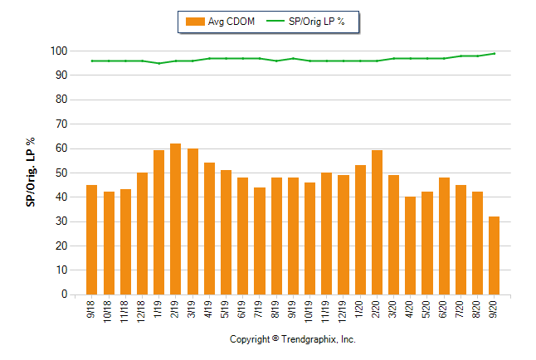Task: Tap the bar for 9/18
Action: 91,240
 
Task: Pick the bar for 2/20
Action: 377,222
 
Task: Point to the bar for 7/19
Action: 259,241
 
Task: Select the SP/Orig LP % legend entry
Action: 313,22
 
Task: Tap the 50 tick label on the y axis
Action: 61,173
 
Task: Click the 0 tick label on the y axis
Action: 63,294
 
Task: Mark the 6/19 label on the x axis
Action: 242,310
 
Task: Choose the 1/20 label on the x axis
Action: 360,310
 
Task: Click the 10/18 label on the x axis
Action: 109,312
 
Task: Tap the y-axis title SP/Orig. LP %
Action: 32,173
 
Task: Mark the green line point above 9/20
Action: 494,54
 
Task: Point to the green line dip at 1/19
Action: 158,63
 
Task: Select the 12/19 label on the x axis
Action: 343,312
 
